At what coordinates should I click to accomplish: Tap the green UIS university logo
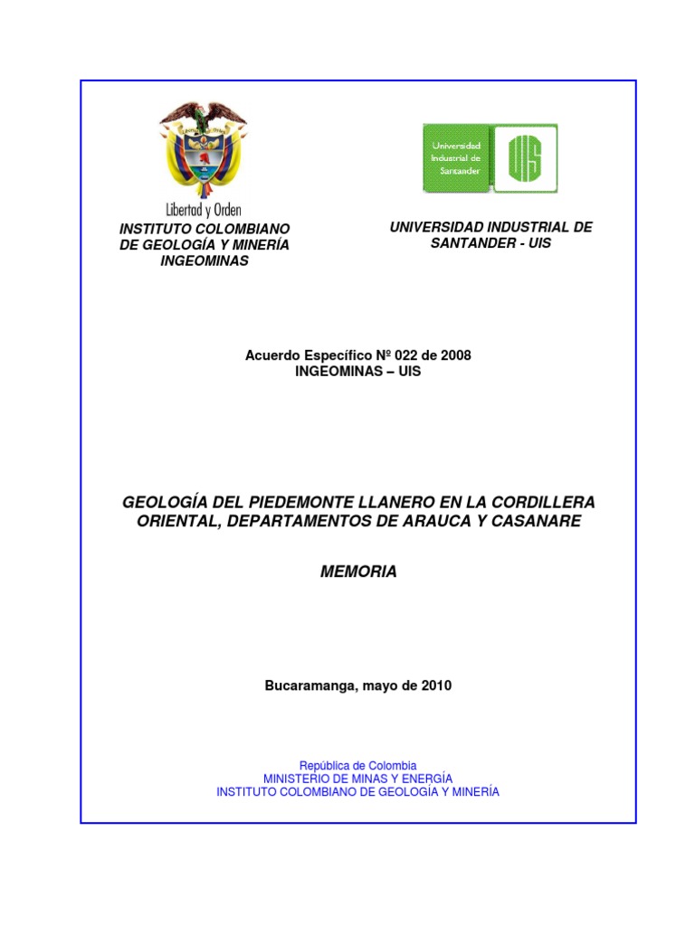coord(490,157)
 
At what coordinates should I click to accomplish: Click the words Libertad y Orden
coord(204,209)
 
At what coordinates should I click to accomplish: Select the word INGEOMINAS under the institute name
coord(205,261)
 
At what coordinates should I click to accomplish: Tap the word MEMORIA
coord(359,572)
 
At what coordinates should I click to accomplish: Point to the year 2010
coord(435,685)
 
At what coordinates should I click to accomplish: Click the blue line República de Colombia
coord(357,765)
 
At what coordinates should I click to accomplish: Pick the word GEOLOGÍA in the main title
coord(159,502)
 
